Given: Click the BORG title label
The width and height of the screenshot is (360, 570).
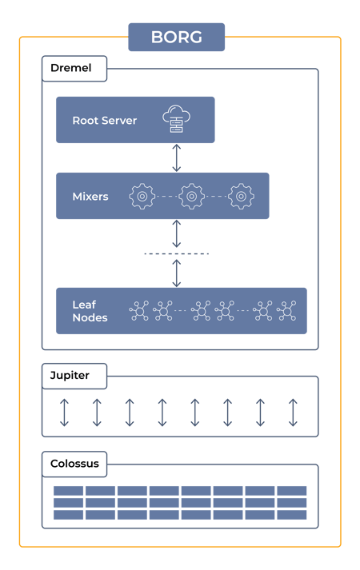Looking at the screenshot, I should [x=176, y=37].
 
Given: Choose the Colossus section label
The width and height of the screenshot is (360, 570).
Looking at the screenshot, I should [x=74, y=464].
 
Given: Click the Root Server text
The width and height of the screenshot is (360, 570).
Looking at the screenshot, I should [x=104, y=121].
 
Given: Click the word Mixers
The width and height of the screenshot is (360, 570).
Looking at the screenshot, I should [x=90, y=197].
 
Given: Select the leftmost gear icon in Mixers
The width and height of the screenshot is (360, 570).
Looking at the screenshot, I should [x=142, y=196].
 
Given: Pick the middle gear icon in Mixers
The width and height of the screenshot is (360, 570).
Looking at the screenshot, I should [x=191, y=196].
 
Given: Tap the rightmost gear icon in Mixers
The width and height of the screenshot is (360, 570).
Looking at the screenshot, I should [x=241, y=196].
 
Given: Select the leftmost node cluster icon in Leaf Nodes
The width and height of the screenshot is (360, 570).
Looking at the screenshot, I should [x=139, y=310].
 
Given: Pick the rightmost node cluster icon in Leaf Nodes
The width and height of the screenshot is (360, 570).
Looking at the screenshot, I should [x=286, y=310].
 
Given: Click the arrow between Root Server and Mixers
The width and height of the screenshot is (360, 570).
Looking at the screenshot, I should [x=177, y=158].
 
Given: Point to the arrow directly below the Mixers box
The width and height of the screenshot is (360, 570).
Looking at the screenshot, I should [x=177, y=233].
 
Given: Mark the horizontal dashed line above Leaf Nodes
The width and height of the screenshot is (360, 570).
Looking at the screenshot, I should [x=177, y=253].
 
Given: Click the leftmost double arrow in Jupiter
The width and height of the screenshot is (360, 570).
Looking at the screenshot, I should [x=64, y=412].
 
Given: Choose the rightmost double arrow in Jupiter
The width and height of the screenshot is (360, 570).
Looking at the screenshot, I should [x=293, y=412].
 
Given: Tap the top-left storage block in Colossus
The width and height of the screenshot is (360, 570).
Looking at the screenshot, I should [x=69, y=490].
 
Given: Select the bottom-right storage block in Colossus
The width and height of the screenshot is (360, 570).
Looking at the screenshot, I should [x=292, y=516].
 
